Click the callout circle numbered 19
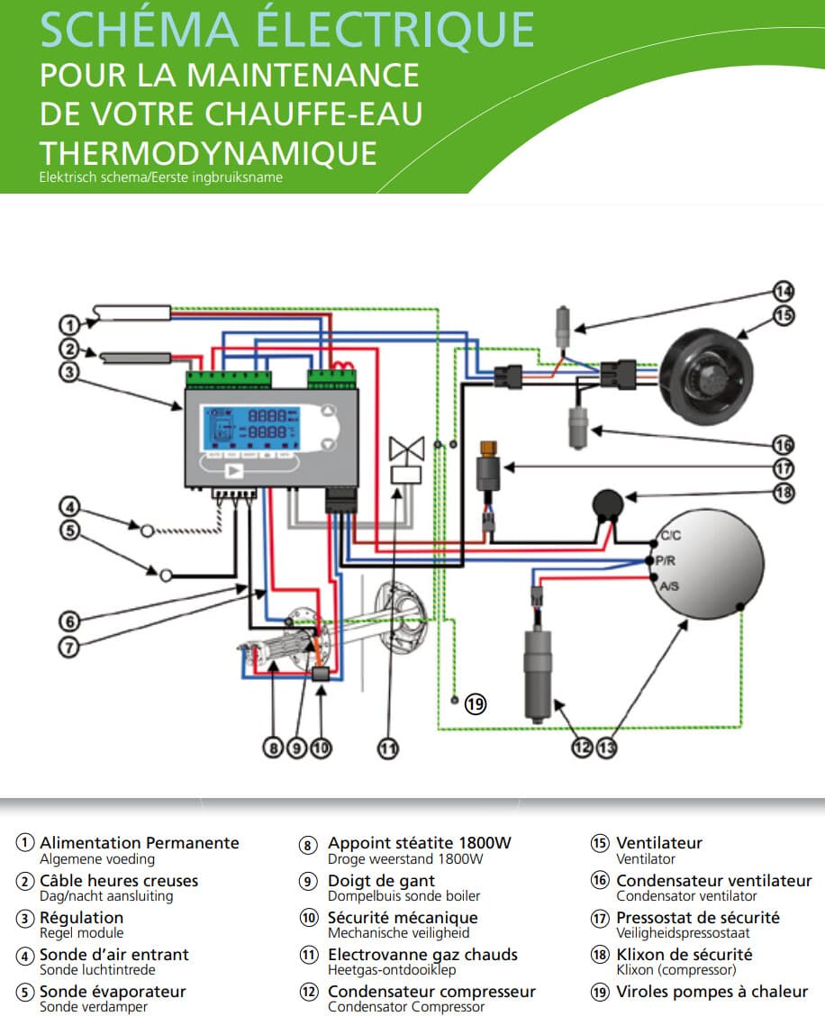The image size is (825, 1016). click(476, 704)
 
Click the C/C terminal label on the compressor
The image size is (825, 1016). click(671, 535)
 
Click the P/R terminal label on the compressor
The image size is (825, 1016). click(667, 559)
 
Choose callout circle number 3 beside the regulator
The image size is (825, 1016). click(69, 370)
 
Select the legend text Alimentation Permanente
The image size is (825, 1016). click(140, 843)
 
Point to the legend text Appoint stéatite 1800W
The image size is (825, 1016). click(420, 843)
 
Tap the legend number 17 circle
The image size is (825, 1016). click(600, 918)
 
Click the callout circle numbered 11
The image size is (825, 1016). click(387, 748)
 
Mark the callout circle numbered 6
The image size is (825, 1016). click(69, 620)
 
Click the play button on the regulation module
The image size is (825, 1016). click(234, 471)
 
